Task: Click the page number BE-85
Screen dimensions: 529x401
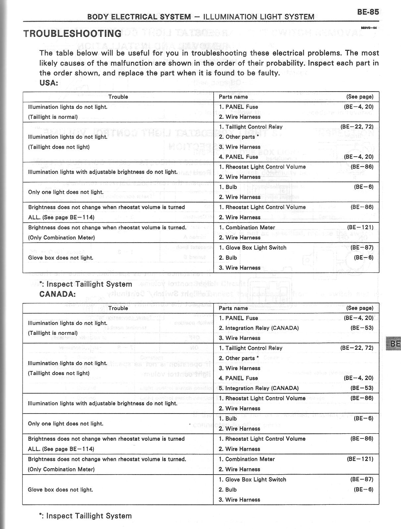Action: point(368,12)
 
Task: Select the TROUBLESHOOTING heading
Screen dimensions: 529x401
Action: point(72,33)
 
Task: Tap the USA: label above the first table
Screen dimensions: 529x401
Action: point(48,83)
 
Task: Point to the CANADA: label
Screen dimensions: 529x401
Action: point(57,294)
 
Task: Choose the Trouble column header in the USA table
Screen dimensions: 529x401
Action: point(118,97)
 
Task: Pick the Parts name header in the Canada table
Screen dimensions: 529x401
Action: point(233,308)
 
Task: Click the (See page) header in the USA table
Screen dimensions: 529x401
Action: point(360,97)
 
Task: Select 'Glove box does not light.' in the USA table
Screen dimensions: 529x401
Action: point(61,258)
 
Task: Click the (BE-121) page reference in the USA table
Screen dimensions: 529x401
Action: point(360,227)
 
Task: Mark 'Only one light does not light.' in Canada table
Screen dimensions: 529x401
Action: point(66,424)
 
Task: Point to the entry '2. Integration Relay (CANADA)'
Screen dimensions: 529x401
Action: point(258,328)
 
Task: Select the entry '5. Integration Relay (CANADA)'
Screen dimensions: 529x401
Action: point(258,388)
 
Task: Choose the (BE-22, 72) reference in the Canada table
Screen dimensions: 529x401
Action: point(357,348)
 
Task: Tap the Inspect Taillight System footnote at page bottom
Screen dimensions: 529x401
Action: point(85,516)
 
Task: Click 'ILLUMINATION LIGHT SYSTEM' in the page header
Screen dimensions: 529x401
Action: point(258,17)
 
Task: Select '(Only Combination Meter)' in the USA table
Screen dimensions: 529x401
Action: point(61,238)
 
